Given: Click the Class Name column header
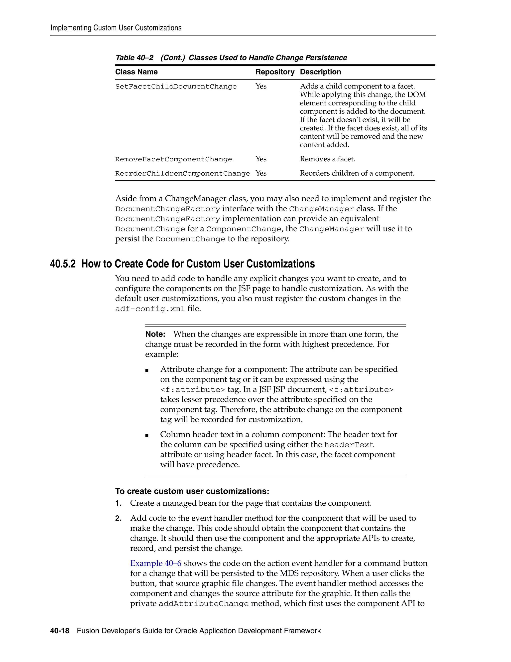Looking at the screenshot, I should click(x=136, y=72).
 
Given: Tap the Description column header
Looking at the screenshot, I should click(x=320, y=72).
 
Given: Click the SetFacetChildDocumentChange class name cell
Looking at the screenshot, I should click(x=176, y=87).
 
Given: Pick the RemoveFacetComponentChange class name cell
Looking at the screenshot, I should click(x=173, y=159).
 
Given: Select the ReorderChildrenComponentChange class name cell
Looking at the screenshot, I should click(x=183, y=174).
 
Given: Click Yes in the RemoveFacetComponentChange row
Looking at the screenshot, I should click(x=261, y=159).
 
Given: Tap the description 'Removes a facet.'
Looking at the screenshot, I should click(x=327, y=159).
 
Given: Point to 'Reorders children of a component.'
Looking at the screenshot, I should click(x=357, y=173).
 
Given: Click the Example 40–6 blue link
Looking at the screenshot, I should click(x=156, y=563).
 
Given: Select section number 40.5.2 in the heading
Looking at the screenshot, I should click(x=63, y=264).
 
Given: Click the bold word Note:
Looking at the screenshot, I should click(x=155, y=334).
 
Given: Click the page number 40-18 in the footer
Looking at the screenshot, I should click(x=60, y=631).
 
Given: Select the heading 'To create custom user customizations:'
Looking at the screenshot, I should click(x=192, y=491).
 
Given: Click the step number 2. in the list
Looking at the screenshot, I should click(x=118, y=518).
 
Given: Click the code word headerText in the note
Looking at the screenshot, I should click(x=349, y=445).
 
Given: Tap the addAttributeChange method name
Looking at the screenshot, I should click(x=203, y=604).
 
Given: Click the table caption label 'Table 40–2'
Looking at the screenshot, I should click(x=134, y=58).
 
